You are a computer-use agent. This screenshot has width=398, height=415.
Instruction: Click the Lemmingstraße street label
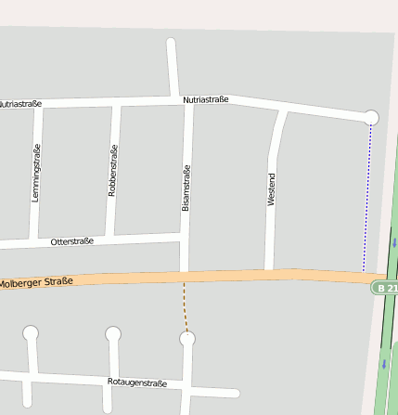tap(36, 174)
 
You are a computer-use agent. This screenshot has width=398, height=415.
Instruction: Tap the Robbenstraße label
tap(113, 170)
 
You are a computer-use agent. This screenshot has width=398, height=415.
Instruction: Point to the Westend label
tap(272, 188)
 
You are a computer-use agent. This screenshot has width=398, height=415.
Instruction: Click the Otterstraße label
tap(72, 241)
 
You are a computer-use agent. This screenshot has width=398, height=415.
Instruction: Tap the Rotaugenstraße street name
tap(137, 383)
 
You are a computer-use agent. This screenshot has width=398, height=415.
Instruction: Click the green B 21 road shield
tap(386, 288)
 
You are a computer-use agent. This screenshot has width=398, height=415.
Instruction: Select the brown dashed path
tap(185, 306)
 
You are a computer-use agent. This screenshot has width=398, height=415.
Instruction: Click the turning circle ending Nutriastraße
tap(371, 117)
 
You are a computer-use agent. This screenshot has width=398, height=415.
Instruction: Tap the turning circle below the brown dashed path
tap(187, 339)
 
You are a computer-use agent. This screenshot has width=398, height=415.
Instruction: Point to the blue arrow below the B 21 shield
tap(383, 363)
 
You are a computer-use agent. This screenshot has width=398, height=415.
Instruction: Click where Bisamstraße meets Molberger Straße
tap(184, 277)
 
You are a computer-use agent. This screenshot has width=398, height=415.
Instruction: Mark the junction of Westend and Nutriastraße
tap(282, 110)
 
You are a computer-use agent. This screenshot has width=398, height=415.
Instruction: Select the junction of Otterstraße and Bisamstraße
tap(184, 239)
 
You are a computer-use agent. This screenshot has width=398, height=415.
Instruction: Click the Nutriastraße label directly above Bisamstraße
tap(205, 99)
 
